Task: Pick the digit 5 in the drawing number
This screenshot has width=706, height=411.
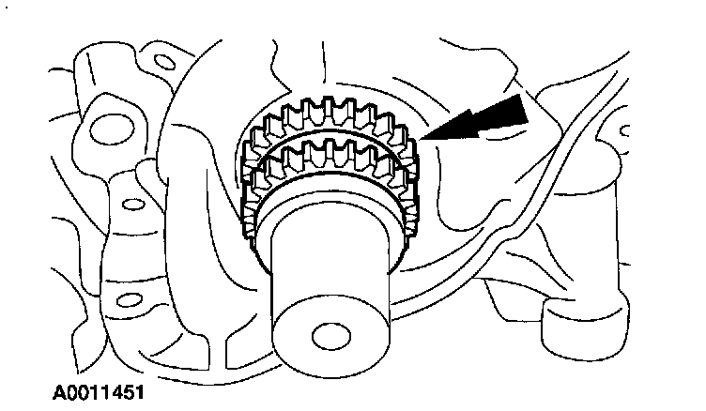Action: [x=120, y=386]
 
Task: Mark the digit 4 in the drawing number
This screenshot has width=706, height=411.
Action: [x=109, y=386]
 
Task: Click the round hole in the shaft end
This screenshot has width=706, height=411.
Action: [x=328, y=337]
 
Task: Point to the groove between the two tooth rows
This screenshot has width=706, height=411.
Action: [x=329, y=144]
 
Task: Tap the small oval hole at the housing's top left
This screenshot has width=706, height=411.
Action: [x=162, y=63]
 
